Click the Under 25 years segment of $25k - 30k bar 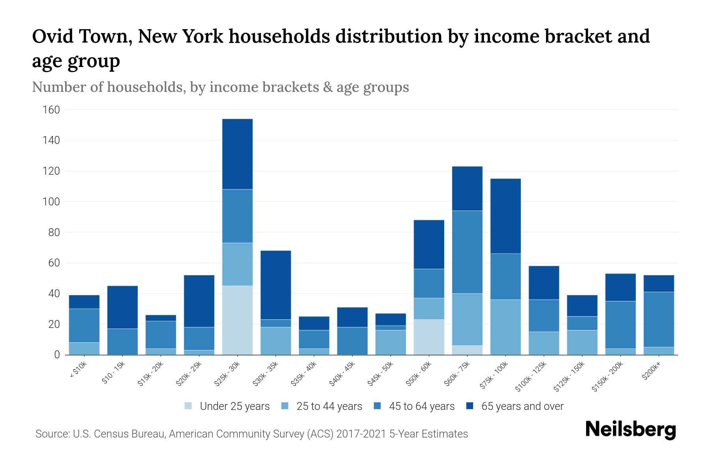coord(237,320)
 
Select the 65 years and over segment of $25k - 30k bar coord(237,154)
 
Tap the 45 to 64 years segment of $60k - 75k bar coord(467,252)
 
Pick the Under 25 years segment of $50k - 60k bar coord(429,337)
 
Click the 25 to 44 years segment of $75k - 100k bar coord(505,327)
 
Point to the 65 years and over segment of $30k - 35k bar coord(276,285)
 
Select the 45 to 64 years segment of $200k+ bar coord(659,319)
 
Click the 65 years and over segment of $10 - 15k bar coord(123,307)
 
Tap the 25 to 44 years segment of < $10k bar coord(84,348)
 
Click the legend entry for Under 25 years coord(227,406)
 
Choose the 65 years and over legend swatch coord(470,406)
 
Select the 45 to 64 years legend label coord(422,406)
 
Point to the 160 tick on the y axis coord(51,110)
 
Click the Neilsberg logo coord(630,430)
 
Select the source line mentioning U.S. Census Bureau coord(252,434)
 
